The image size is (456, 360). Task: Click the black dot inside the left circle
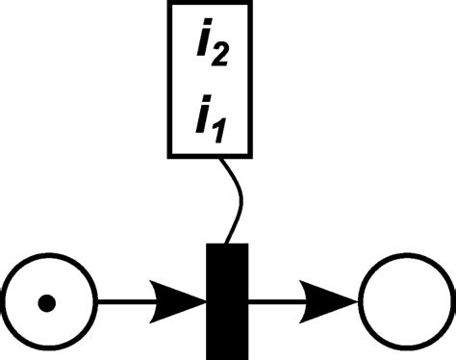(x=45, y=305)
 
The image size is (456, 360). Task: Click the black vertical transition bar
(x=228, y=300)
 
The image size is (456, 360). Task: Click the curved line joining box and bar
(x=234, y=197)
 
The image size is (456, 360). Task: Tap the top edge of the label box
(x=211, y=4)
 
